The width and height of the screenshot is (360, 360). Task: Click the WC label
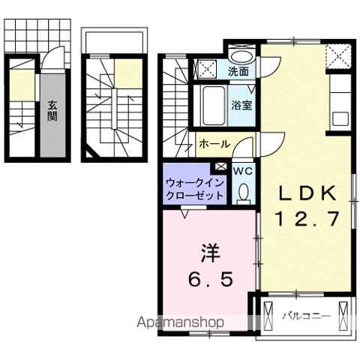coord(243,171)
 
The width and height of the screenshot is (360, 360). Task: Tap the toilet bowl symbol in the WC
coord(243,193)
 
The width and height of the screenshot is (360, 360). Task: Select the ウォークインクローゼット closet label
coord(194,187)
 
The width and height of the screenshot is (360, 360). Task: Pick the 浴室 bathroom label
coord(241,106)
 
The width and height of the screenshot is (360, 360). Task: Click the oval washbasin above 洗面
coord(240,56)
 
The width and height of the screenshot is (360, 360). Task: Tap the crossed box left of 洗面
coord(205,70)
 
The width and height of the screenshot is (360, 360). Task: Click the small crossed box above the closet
coord(220,166)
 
